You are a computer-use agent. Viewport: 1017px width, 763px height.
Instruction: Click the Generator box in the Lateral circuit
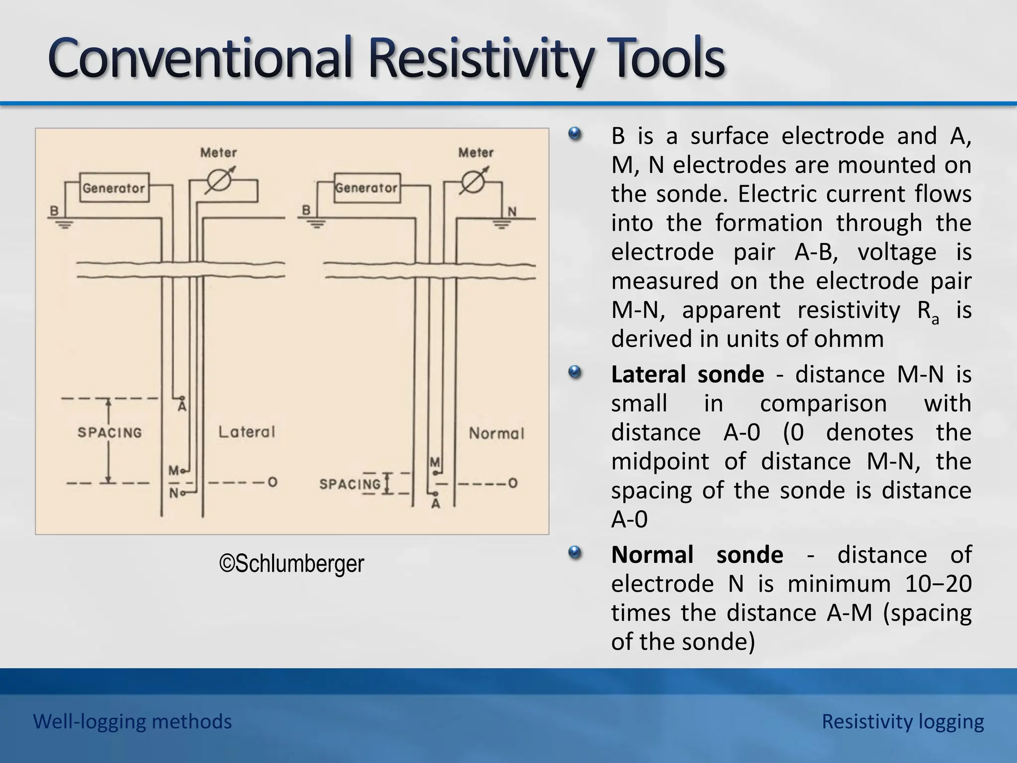point(114,188)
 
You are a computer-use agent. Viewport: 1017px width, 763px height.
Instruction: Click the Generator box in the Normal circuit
point(367,188)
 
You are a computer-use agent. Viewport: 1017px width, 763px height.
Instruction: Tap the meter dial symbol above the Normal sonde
point(473,182)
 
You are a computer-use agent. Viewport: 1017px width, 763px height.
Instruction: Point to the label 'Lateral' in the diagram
point(246,432)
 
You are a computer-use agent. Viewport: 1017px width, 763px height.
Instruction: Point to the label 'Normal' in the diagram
point(496,434)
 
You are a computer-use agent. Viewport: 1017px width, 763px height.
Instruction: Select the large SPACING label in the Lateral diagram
point(110,433)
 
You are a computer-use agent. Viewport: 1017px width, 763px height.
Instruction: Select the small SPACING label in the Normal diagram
point(350,484)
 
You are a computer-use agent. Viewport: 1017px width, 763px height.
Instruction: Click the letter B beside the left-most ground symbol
point(54,211)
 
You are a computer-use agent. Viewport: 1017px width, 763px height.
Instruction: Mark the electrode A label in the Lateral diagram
point(182,407)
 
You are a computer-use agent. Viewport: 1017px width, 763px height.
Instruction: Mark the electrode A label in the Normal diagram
point(436,504)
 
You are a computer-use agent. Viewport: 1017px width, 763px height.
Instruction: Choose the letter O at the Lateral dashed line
point(272,482)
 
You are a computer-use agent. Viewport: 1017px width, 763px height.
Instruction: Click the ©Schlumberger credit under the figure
point(291,563)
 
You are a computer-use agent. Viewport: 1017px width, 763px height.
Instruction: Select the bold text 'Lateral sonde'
point(687,375)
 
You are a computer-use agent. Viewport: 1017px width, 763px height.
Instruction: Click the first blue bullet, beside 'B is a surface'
point(575,134)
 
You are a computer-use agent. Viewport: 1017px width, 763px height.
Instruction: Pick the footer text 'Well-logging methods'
point(132,721)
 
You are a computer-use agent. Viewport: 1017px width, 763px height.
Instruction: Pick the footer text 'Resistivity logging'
point(902,721)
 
